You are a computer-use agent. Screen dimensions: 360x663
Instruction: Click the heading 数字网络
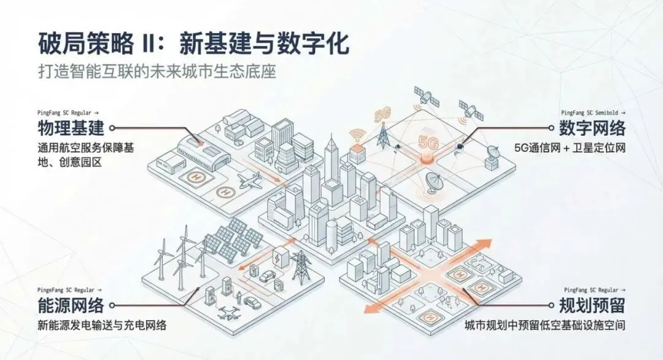(592, 129)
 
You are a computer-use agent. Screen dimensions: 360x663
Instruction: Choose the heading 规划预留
(592, 305)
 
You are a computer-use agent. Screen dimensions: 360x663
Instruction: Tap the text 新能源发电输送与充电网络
(101, 325)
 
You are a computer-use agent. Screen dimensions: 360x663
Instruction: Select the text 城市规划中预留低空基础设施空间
(545, 325)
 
